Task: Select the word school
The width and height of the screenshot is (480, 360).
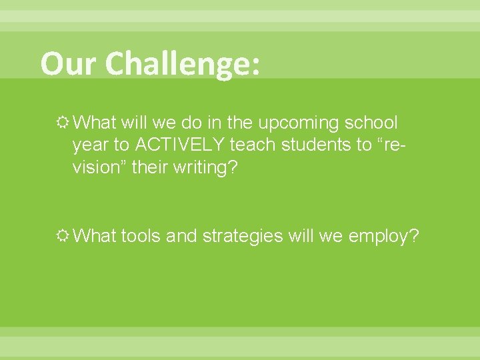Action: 368,123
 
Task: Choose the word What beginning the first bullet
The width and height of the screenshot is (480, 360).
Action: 96,123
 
